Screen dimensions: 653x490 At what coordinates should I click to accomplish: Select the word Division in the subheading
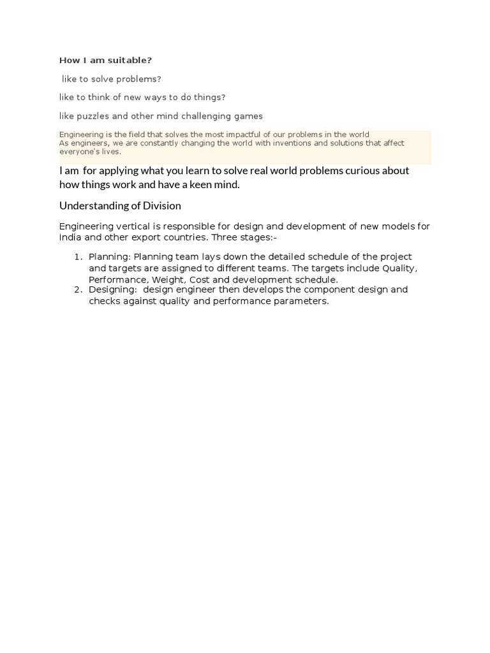pos(161,206)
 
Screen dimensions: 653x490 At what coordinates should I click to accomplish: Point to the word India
pos(71,237)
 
